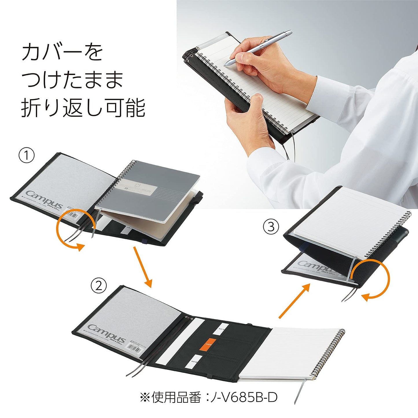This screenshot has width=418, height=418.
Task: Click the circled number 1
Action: [x=27, y=156]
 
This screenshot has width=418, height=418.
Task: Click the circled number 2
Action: [x=99, y=286]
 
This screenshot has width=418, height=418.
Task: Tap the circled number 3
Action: [x=270, y=227]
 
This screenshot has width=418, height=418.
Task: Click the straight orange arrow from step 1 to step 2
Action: [x=142, y=267]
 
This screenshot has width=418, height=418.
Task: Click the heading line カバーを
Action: [x=62, y=53]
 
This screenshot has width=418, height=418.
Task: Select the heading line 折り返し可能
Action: [x=83, y=108]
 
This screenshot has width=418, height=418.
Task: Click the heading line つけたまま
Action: [x=72, y=80]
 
